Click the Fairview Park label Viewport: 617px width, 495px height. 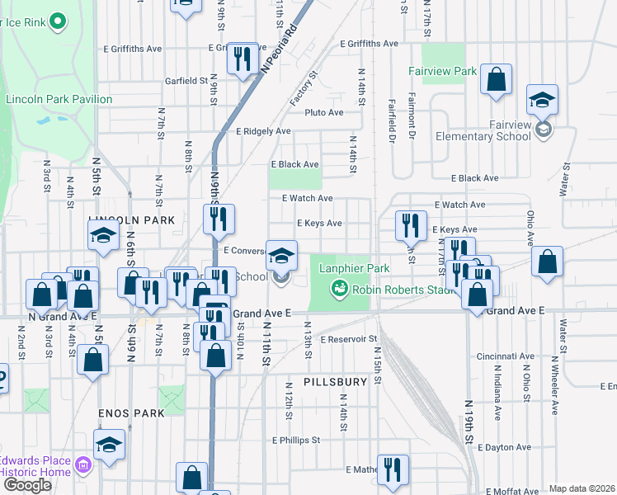tap(442, 71)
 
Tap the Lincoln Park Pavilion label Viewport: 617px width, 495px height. tap(59, 99)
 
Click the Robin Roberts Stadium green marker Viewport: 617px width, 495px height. tap(337, 289)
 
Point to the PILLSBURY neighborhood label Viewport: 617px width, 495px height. tap(334, 383)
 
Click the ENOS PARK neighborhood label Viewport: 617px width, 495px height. tap(131, 412)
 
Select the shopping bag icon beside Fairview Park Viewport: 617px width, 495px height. tap(497, 80)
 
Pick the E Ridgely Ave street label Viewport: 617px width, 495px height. tap(263, 131)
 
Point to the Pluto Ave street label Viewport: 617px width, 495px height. tap(323, 112)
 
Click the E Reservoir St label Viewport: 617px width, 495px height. tap(348, 339)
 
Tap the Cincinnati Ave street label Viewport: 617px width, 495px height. tap(504, 356)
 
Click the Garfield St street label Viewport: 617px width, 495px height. tap(185, 81)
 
